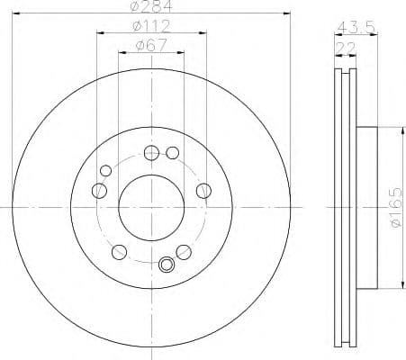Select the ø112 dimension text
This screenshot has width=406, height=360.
tap(149, 25)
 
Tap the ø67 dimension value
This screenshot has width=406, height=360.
tap(149, 45)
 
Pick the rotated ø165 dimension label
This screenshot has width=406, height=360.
tap(393, 209)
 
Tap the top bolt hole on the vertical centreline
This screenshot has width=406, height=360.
tap(149, 151)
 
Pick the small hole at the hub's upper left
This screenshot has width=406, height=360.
tap(105, 170)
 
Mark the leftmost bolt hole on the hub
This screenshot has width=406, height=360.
tap(96, 189)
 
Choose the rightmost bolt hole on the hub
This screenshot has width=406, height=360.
tap(203, 189)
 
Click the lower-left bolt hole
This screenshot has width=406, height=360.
tap(117, 250)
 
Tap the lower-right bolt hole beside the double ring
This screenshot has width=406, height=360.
tap(183, 250)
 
